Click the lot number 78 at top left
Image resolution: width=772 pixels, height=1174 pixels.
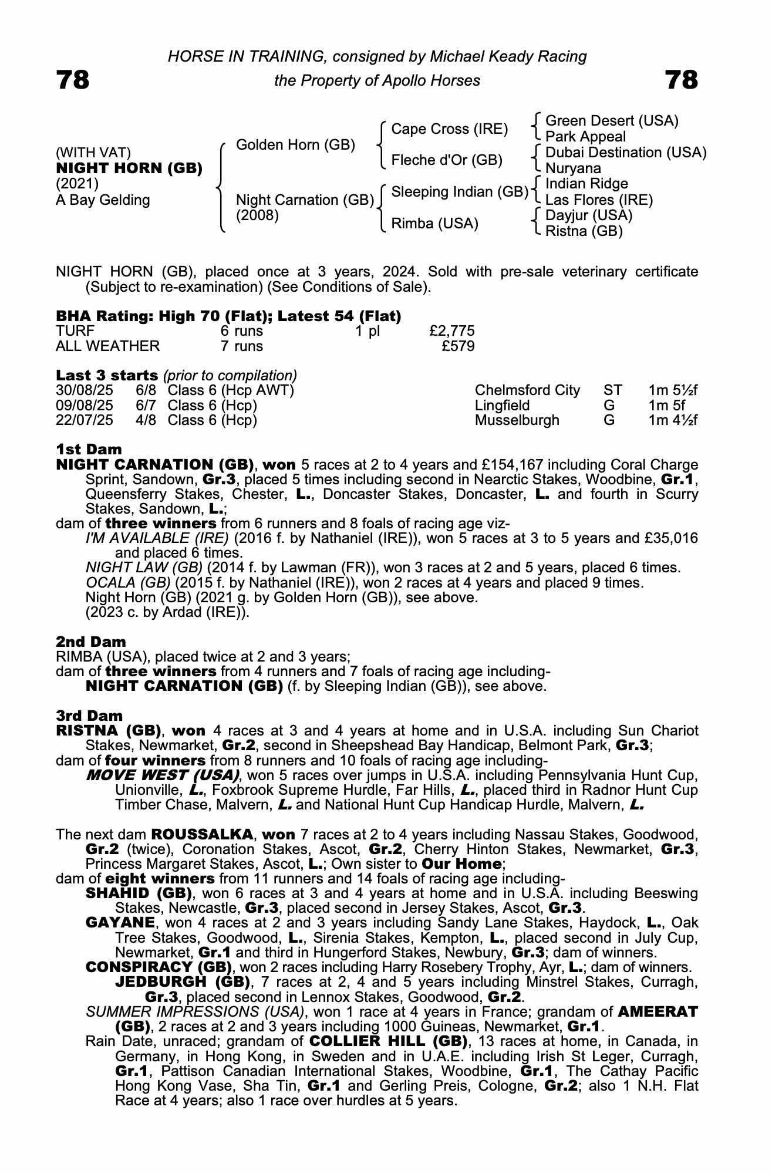(73, 80)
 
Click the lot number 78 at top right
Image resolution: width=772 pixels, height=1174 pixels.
(682, 80)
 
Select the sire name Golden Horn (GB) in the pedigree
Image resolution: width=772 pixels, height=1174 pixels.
(295, 145)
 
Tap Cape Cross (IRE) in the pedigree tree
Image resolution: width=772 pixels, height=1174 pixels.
(449, 129)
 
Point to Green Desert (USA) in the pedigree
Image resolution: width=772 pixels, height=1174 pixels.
(612, 121)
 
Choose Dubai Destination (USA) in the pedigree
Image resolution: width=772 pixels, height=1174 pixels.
(626, 153)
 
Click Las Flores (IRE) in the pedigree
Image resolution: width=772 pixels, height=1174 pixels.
(599, 200)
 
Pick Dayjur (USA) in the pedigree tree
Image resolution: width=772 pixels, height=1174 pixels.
(589, 215)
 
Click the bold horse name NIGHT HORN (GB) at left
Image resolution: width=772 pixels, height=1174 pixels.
(129, 168)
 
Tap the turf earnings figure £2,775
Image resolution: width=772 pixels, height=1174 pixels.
(451, 331)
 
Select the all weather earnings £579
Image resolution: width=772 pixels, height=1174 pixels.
(458, 346)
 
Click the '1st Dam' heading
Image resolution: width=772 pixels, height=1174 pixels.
(89, 450)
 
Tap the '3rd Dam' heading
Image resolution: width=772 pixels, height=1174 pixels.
(89, 716)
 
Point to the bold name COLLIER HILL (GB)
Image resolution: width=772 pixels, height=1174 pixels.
(388, 1042)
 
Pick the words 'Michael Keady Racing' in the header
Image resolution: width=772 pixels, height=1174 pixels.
(508, 56)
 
